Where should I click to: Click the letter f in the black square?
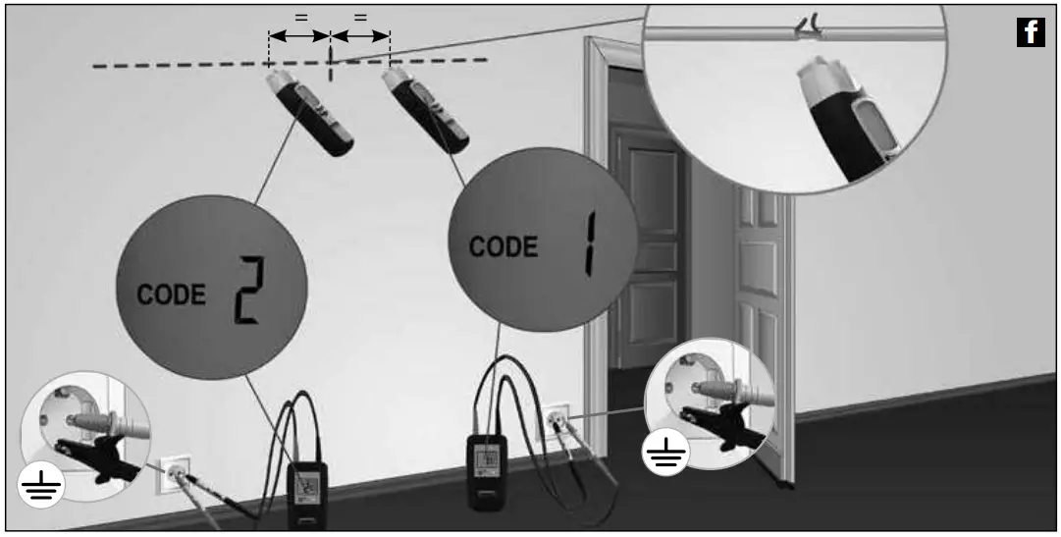(x=1031, y=33)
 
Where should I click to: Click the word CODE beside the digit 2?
(x=172, y=295)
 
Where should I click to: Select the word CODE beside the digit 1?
(x=504, y=245)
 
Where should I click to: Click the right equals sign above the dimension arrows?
(x=360, y=16)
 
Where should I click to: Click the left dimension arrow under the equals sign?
(x=298, y=36)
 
